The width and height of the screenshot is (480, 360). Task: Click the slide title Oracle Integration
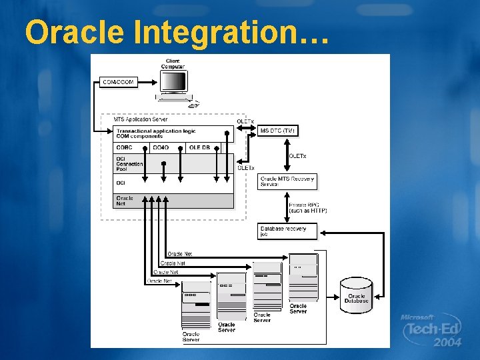point(177,31)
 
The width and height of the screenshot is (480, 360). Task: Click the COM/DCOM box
point(119,82)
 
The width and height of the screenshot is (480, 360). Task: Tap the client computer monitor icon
point(173,83)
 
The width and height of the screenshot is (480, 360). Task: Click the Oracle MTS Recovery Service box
point(278,181)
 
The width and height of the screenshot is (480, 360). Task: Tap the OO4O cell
point(161,148)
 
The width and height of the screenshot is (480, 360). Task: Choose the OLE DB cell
point(199,148)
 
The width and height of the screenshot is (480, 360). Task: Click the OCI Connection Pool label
point(129,164)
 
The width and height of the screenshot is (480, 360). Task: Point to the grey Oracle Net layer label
point(125,200)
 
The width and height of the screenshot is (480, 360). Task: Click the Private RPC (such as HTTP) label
point(307,208)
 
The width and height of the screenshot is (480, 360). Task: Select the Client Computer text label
point(173,64)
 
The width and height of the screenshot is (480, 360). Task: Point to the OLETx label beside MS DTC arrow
point(245,121)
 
